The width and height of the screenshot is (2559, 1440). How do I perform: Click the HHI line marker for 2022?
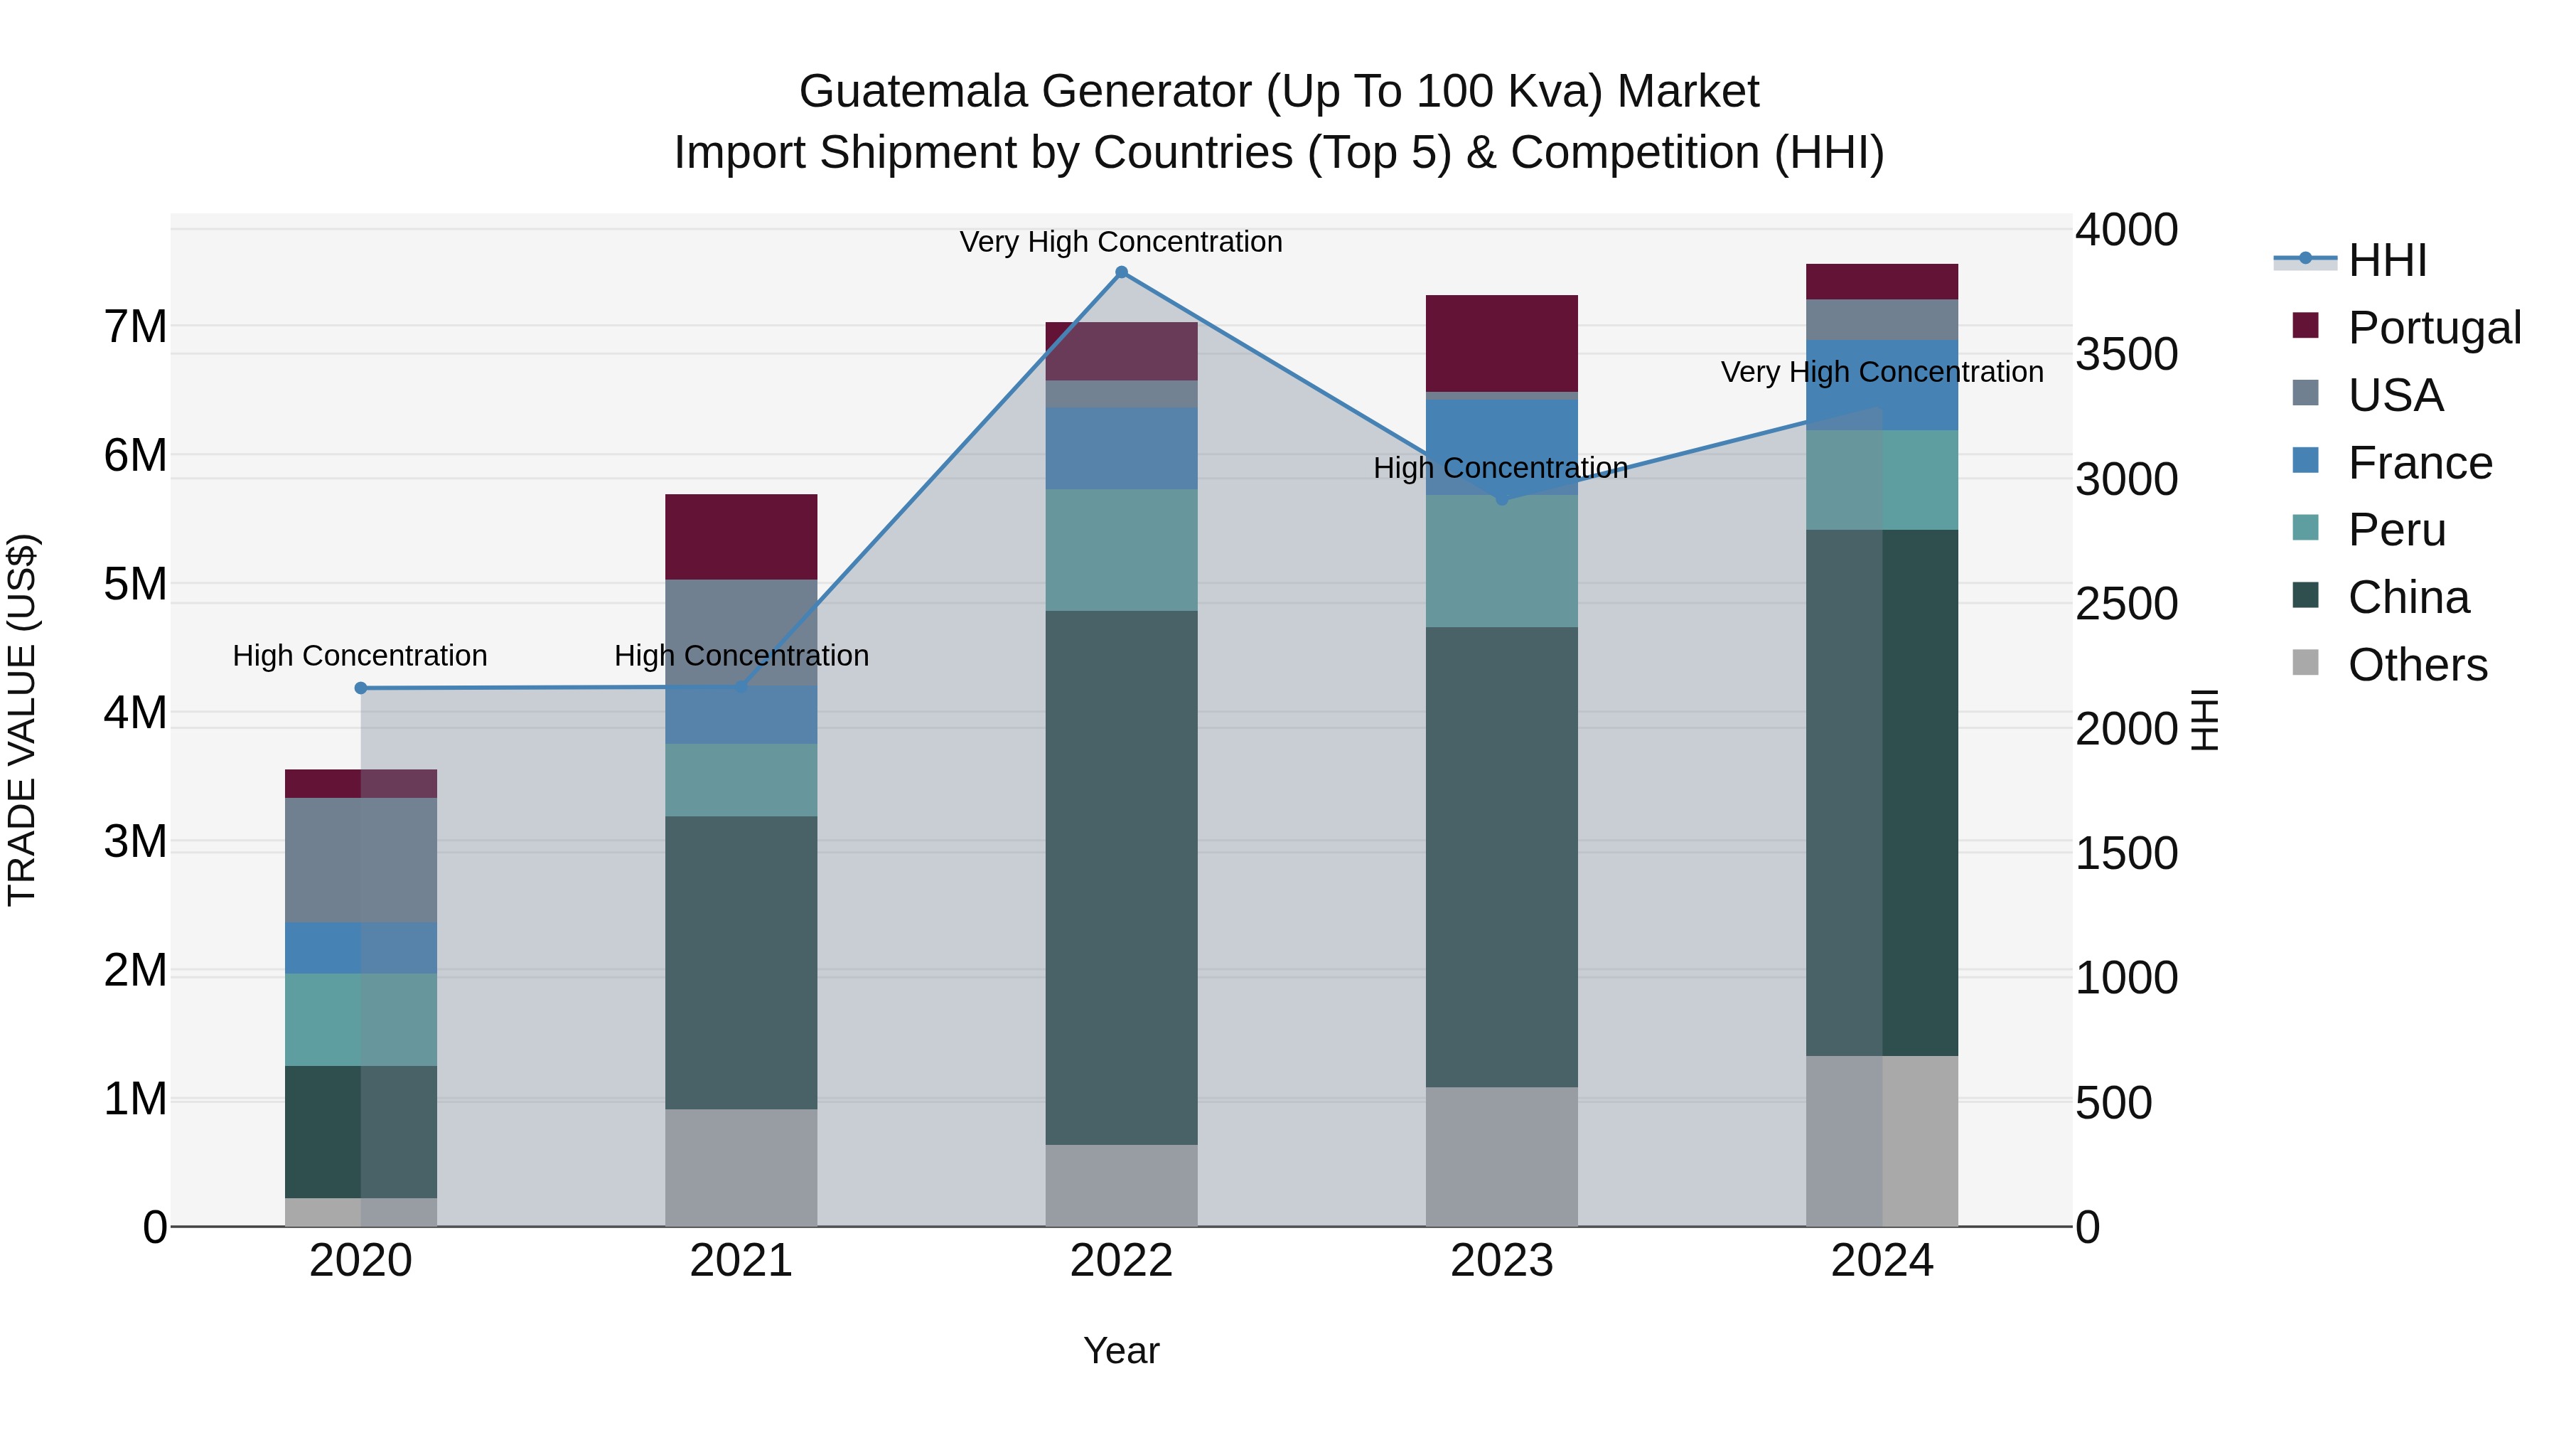pyautogui.click(x=1122, y=272)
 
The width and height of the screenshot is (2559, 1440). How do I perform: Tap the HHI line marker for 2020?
pyautogui.click(x=360, y=688)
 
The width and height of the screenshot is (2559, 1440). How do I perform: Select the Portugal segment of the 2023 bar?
pyautogui.click(x=1501, y=343)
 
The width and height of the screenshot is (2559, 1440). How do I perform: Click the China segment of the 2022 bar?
pyautogui.click(x=1122, y=877)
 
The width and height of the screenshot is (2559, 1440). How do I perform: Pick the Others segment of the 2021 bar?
pyautogui.click(x=741, y=1167)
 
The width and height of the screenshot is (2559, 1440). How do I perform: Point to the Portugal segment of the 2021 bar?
pyautogui.click(x=741, y=537)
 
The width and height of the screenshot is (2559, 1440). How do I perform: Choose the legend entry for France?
pyautogui.click(x=2419, y=463)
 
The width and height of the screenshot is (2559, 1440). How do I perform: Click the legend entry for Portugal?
pyautogui.click(x=2433, y=328)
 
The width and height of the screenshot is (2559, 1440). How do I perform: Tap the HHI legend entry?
pyautogui.click(x=2386, y=260)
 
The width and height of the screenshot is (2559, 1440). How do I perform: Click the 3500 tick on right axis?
pyautogui.click(x=2126, y=355)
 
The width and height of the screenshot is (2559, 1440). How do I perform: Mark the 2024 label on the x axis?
pyautogui.click(x=1882, y=1261)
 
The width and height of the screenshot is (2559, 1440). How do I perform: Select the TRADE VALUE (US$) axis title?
pyautogui.click(x=22, y=720)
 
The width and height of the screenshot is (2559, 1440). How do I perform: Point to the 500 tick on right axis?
pyautogui.click(x=2113, y=1103)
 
